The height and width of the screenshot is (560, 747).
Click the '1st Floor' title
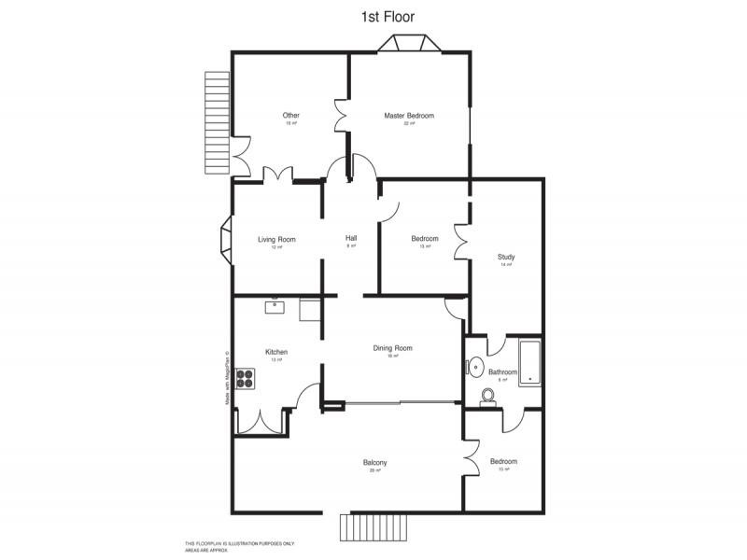388,16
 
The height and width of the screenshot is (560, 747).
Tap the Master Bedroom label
409,116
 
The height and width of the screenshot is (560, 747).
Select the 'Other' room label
291,116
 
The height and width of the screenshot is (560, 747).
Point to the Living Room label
276,240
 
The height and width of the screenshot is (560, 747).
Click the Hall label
351,238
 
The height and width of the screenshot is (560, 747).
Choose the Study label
506,258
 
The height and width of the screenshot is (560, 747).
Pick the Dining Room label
393,348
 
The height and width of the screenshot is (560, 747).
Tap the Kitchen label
276,352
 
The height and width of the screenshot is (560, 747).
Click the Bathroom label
502,371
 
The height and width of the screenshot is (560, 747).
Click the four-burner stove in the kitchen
246,378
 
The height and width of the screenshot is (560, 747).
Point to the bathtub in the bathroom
530,361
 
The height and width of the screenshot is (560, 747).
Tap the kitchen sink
276,304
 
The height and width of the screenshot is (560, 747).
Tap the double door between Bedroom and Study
461,242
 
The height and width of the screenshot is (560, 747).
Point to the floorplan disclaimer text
239,546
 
